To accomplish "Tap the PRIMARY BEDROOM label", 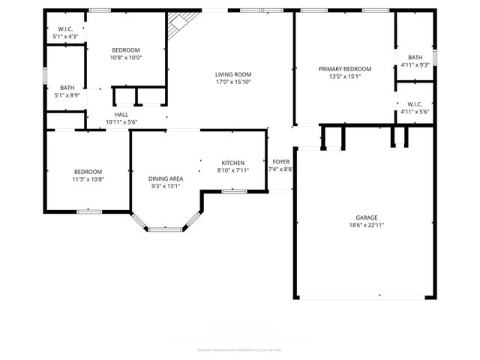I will click(345, 69).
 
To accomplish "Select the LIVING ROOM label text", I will click(232, 74).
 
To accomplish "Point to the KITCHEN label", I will click(232, 163).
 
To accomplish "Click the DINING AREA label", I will click(165, 178).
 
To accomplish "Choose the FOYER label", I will click(281, 161).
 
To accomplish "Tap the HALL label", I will click(121, 115).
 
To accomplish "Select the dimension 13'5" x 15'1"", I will click(345, 76).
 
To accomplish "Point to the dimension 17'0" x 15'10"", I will click(232, 82).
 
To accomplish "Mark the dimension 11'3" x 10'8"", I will click(88, 179).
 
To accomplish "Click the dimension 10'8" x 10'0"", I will click(127, 58).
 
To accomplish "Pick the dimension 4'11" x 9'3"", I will click(415, 65).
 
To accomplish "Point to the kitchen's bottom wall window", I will click(235, 192).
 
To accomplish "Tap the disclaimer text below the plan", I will click(240, 349).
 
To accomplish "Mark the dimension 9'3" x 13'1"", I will click(165, 186).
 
